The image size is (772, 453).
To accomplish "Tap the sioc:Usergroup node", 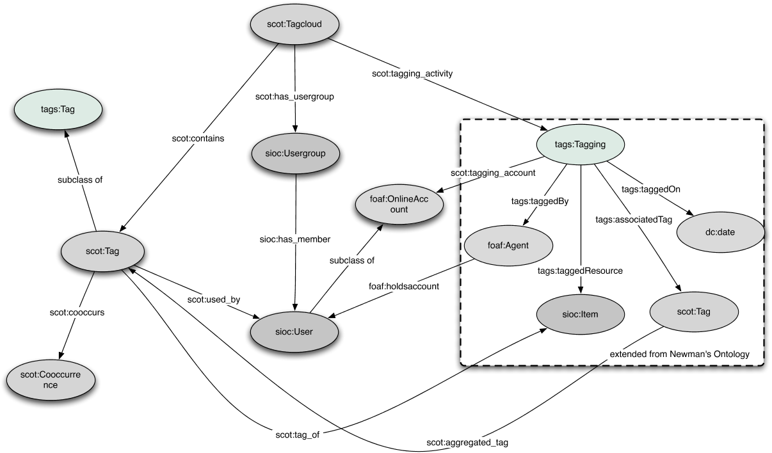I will (x=294, y=155).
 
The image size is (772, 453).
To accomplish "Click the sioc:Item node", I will (x=580, y=314).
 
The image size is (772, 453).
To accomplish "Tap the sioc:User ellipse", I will (x=295, y=331).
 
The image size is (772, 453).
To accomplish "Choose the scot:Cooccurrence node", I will (x=51, y=379).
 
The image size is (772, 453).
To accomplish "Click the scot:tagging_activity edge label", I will (x=412, y=74).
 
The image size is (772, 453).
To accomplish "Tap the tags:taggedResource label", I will (x=581, y=271).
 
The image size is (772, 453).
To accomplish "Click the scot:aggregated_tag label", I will (x=467, y=442).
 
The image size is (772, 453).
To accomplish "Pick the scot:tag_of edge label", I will (x=296, y=435).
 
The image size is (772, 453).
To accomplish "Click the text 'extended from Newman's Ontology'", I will (x=679, y=353).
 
